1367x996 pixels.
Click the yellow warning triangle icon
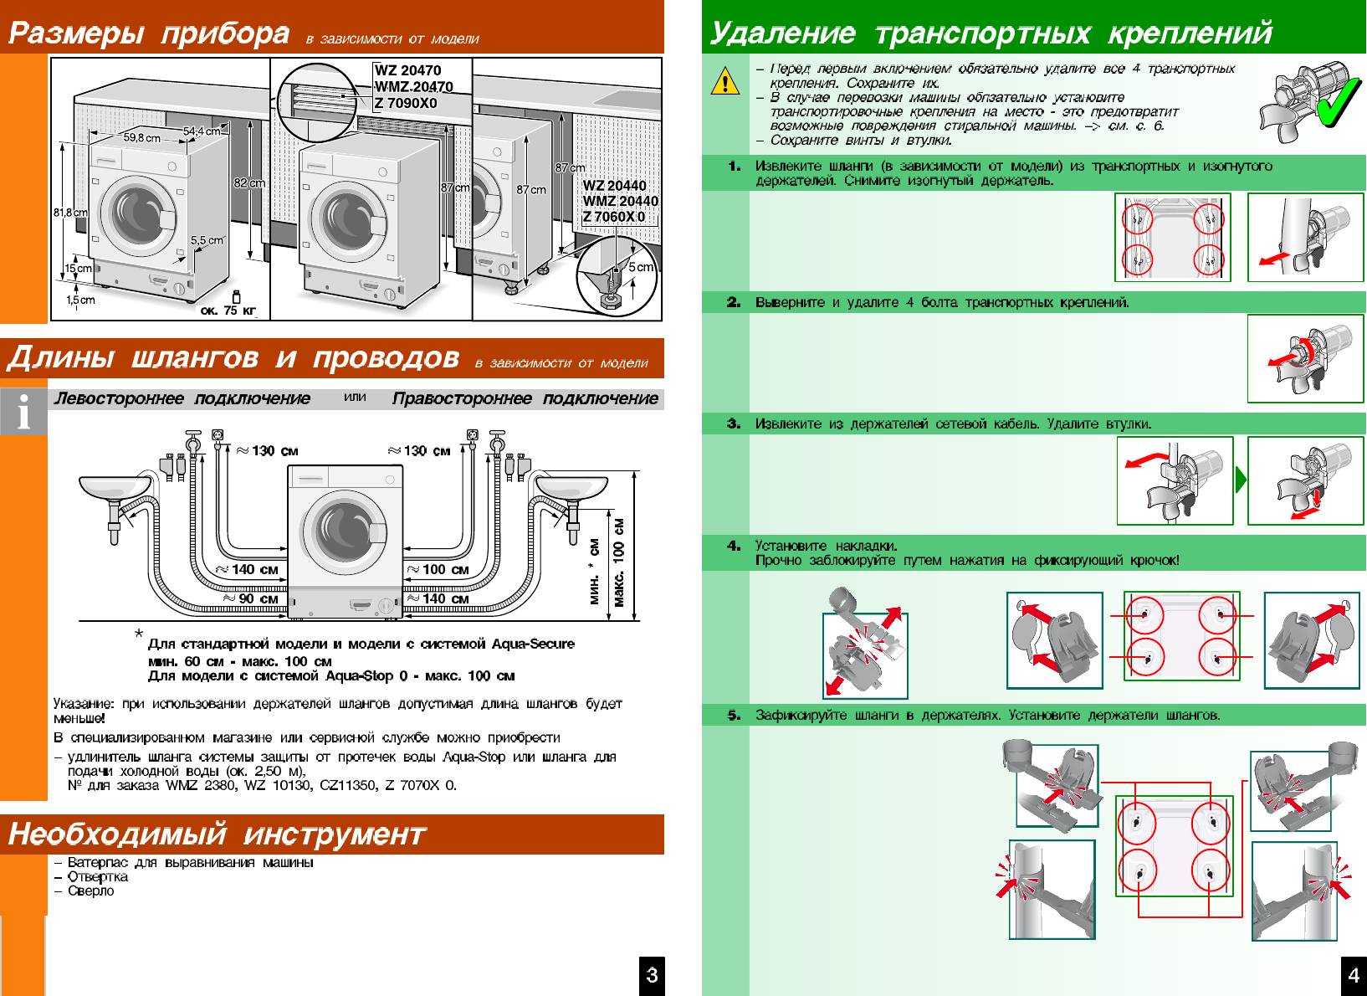724,82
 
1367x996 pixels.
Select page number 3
652,974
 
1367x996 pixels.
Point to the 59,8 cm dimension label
142,137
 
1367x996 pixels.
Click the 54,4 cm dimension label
202,131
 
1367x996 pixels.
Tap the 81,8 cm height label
70,213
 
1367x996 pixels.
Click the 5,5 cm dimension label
207,240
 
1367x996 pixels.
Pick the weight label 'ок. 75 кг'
228,311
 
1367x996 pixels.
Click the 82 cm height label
249,183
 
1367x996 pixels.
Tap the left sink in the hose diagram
110,488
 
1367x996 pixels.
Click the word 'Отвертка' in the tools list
98,876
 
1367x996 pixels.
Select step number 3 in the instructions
734,424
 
